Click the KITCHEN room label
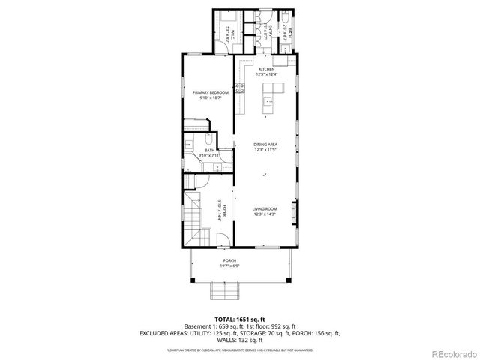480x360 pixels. pyautogui.click(x=266, y=69)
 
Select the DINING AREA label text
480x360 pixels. pyautogui.click(x=266, y=144)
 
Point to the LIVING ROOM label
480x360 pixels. pyautogui.click(x=265, y=209)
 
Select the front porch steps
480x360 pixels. pyautogui.click(x=223, y=290)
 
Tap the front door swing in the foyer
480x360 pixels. pyautogui.click(x=223, y=241)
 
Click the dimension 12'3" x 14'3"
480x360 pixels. pyautogui.click(x=265, y=214)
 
